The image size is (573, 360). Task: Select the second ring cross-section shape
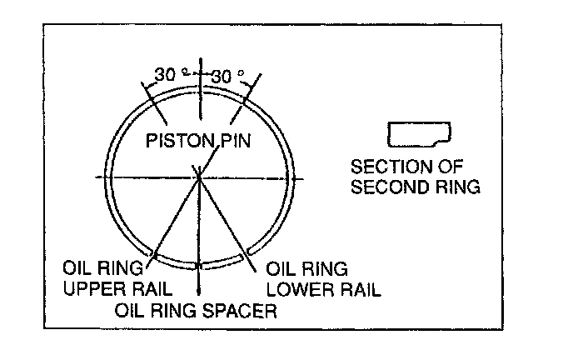tap(419, 133)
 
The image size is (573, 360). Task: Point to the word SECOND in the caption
tap(386, 187)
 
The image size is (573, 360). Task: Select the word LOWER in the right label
tap(295, 289)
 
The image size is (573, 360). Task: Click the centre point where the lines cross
tap(199, 177)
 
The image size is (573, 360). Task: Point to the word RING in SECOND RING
tap(456, 187)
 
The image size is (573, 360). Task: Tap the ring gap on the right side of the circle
tap(290, 177)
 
